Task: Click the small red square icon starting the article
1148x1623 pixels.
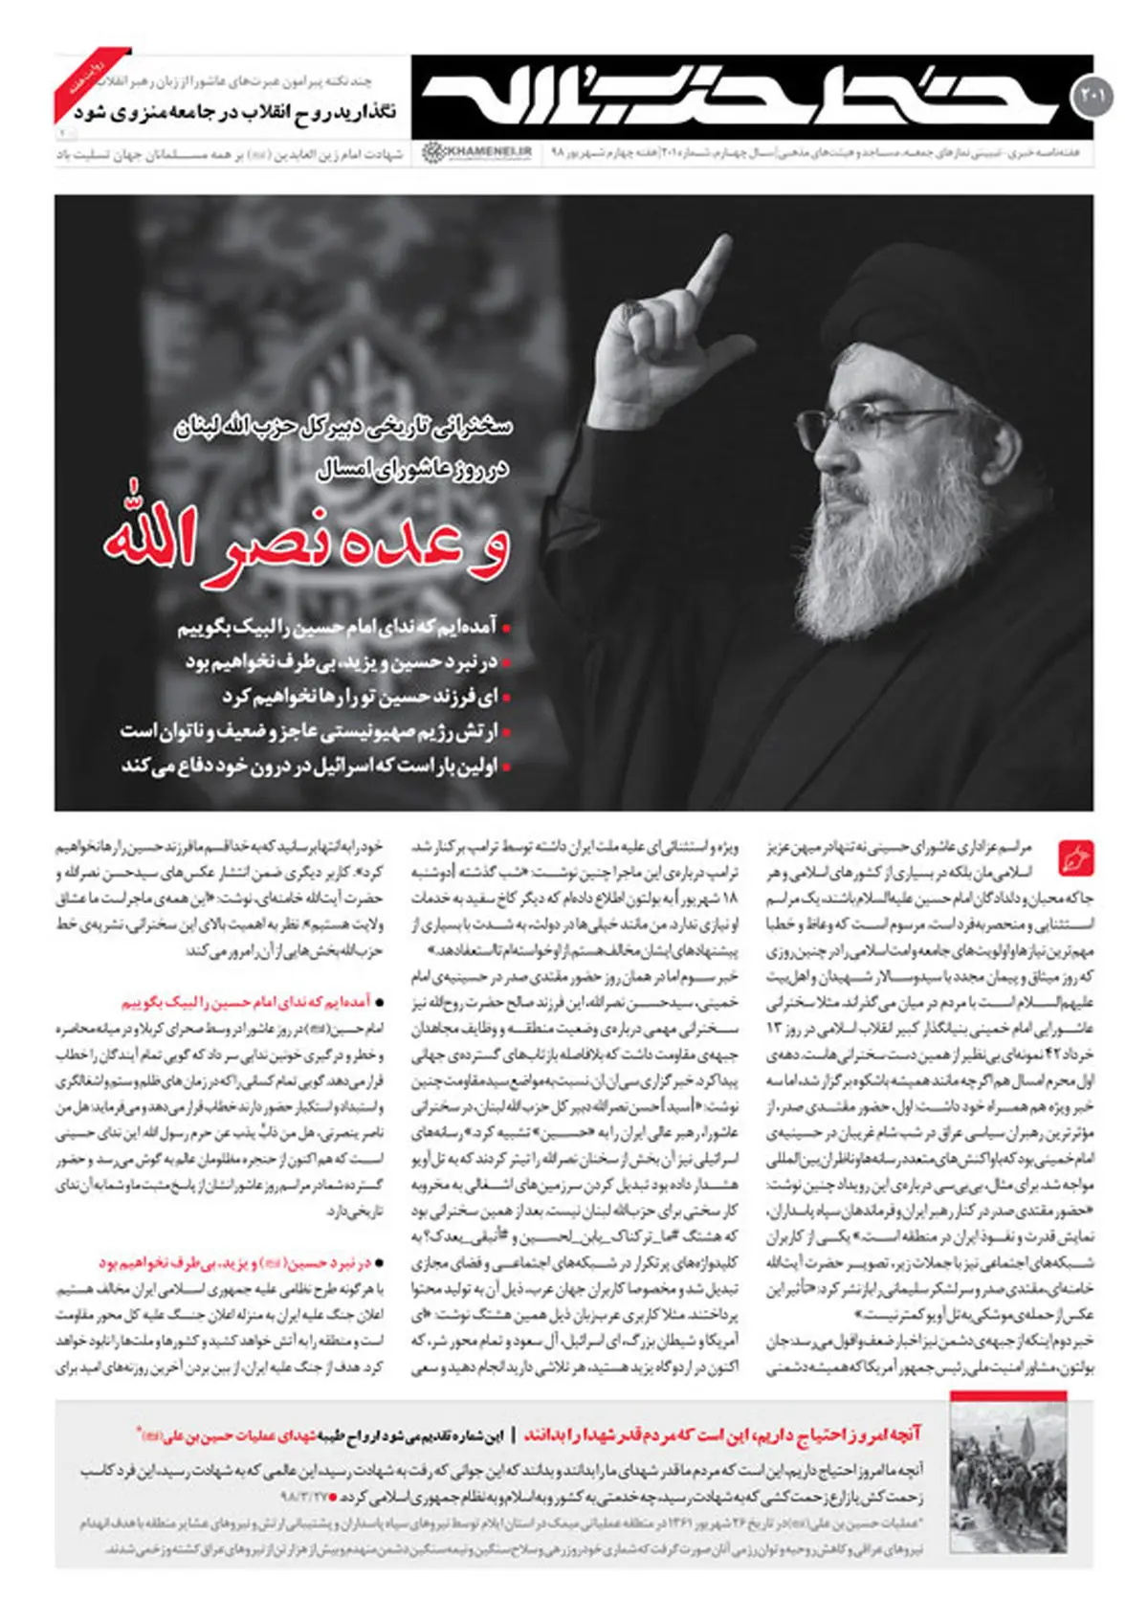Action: click(1076, 857)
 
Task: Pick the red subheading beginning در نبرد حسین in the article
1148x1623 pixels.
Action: click(233, 1263)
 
